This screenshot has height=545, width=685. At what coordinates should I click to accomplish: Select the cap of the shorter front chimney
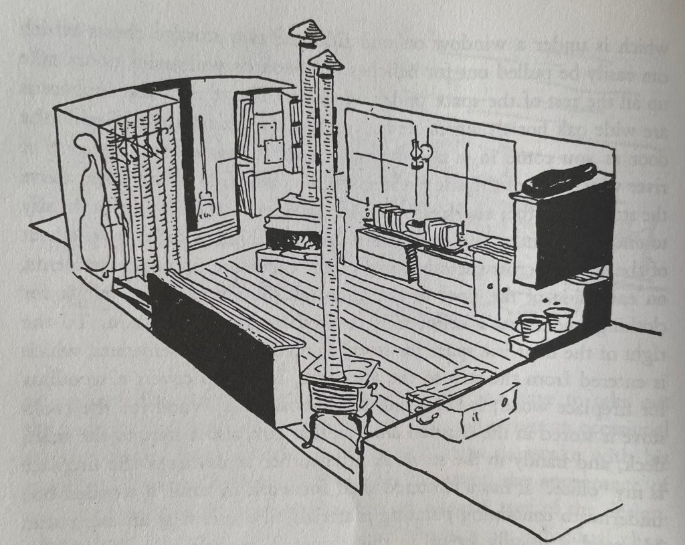326,62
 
